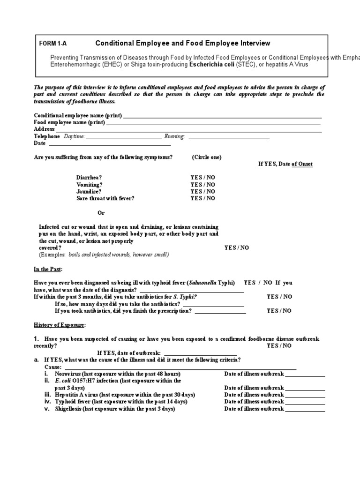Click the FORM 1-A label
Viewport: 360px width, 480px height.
pos(53,44)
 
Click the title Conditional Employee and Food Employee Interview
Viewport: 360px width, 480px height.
pos(183,43)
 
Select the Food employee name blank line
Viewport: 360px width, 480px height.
pos(213,123)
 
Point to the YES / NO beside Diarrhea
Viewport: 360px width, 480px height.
pos(202,178)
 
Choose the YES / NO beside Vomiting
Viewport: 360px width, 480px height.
pos(202,185)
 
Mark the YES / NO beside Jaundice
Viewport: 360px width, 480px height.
pos(202,191)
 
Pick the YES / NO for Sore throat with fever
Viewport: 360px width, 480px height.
pos(202,198)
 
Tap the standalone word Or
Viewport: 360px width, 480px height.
pos(101,213)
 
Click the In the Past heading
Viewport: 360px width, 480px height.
pos(48,270)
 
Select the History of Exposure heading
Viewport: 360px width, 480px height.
pos(60,325)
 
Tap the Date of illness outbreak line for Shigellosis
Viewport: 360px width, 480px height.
pos(305,409)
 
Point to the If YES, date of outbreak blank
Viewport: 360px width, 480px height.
pos(200,352)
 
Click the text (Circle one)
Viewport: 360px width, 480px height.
pos(207,157)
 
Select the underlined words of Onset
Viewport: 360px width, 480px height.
pos(302,164)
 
